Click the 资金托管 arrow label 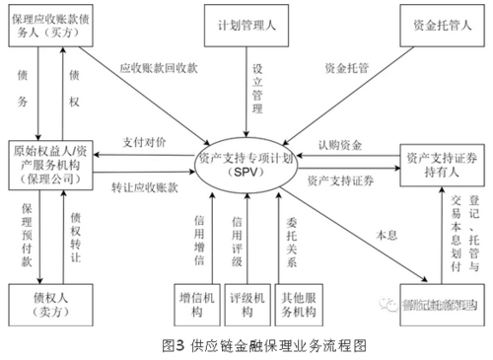[x=347, y=69]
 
